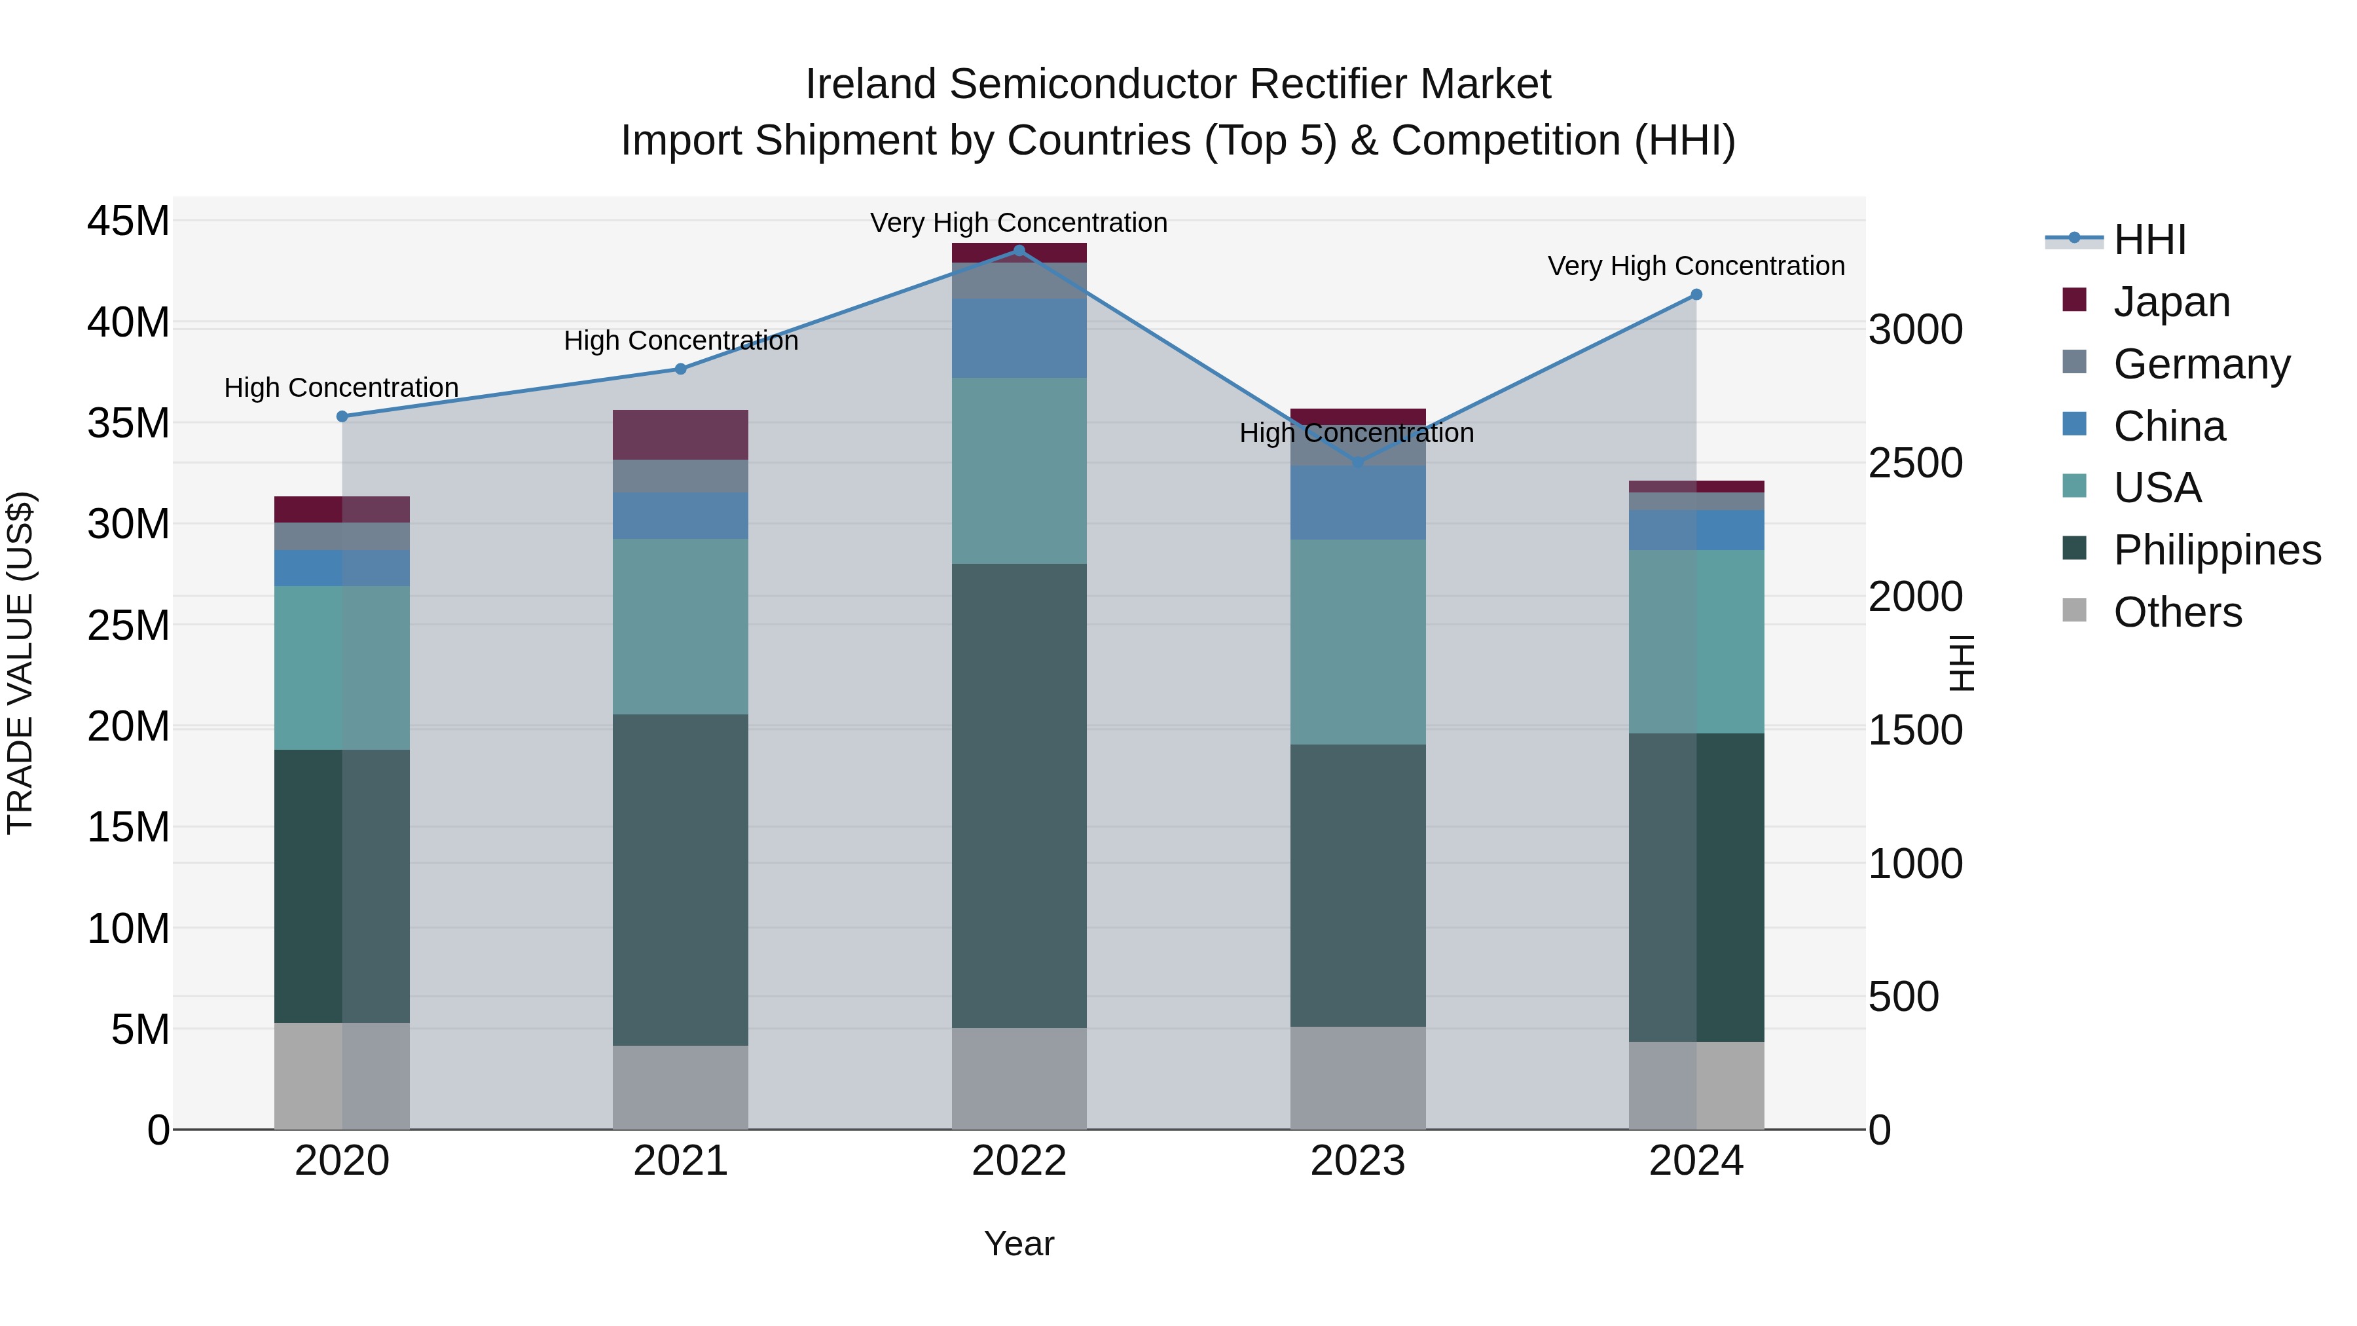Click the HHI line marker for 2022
1019,251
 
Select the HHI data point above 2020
342,416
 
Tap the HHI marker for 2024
1696,295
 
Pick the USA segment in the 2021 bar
680,627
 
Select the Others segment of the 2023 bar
1358,1078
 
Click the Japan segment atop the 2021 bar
680,435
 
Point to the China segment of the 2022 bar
1019,339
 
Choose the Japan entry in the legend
2170,302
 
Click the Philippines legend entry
2216,550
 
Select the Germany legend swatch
2074,362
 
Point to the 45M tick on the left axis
128,221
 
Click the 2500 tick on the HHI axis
1915,463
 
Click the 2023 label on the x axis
1358,1161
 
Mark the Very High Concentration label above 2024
1696,267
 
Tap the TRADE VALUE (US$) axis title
21,663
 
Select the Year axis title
1018,1243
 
